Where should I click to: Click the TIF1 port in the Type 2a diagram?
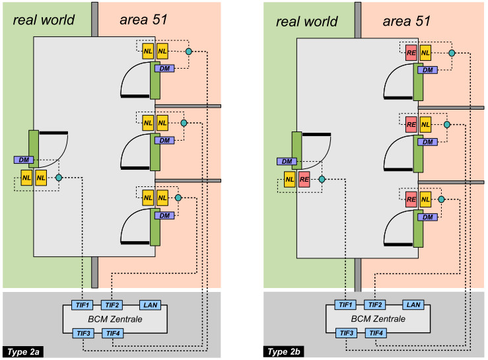tap(82, 305)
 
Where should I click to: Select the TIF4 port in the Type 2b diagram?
tap(376, 333)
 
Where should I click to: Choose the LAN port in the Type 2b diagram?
tap(413, 305)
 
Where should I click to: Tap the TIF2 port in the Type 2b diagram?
tap(376, 305)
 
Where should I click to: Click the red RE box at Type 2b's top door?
tap(411, 52)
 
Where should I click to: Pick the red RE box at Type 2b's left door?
tap(304, 178)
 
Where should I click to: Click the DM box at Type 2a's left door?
tap(24, 160)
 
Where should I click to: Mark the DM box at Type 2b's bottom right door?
tap(428, 217)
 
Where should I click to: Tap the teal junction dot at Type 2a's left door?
tap(59, 178)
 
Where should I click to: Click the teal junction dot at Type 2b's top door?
tap(452, 52)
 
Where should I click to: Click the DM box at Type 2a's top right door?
tap(164, 69)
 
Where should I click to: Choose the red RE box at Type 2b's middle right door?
tap(411, 124)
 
